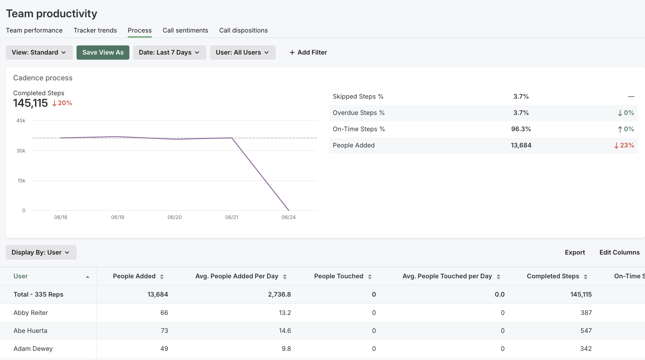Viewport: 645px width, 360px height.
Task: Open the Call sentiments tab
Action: pos(185,31)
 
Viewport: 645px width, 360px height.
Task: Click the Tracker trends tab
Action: pos(95,31)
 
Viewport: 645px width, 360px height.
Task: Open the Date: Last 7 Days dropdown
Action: pos(169,53)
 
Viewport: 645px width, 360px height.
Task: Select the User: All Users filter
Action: pos(243,53)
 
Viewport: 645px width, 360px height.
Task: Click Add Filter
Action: pos(308,53)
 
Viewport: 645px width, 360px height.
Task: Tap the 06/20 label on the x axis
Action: pos(174,217)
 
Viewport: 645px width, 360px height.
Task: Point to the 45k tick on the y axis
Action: pos(21,121)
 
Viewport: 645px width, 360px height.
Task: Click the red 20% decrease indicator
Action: pos(62,103)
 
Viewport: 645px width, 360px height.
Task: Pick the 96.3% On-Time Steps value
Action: pos(521,129)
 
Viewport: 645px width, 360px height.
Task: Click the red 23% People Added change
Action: pos(624,145)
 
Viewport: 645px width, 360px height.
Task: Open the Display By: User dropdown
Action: pos(41,253)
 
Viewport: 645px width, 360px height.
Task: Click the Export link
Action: pos(575,253)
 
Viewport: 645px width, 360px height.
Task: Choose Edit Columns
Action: pos(619,253)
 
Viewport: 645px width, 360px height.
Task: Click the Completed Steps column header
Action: pos(553,276)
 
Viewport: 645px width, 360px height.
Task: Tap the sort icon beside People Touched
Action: pos(370,277)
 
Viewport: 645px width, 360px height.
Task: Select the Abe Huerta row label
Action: pos(30,331)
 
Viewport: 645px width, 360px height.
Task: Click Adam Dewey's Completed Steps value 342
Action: pos(586,349)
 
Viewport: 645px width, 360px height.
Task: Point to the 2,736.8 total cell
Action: pos(279,295)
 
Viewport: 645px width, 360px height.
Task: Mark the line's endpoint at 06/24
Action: pos(289,211)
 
